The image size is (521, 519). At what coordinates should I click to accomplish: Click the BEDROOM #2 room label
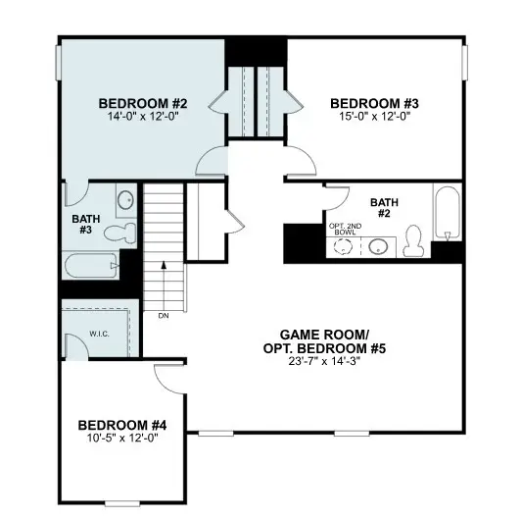(143, 102)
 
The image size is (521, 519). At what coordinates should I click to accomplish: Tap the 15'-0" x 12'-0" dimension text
(374, 116)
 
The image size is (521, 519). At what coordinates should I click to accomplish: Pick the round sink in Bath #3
(124, 202)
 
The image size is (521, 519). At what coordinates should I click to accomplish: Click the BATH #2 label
(384, 209)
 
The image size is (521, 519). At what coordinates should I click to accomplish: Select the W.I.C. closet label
(99, 334)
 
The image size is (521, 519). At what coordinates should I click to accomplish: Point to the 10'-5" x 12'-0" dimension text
(122, 438)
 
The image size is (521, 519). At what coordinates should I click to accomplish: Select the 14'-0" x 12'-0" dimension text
(143, 116)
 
